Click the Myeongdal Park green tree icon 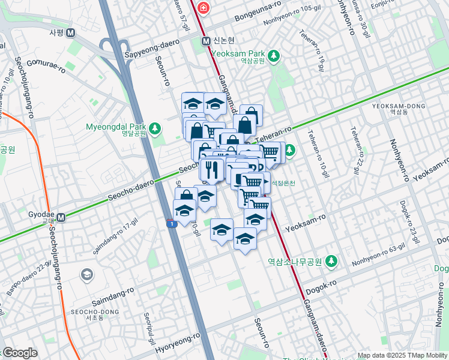coord(155,127)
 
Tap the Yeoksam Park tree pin coord(274,56)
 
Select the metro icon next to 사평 coord(71,32)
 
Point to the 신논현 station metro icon coord(206,41)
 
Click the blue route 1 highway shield coord(172,224)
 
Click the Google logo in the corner coord(19,353)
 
